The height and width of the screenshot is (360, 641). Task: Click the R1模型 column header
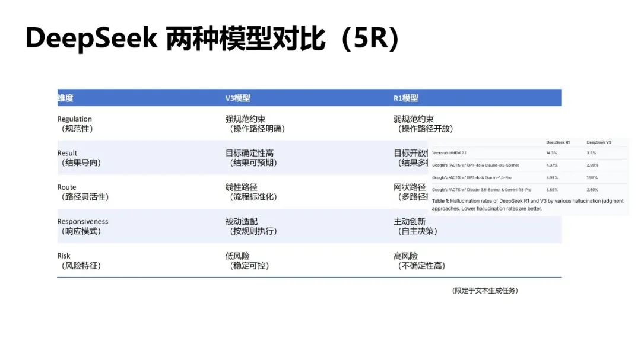click(x=406, y=98)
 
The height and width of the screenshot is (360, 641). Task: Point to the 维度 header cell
click(x=65, y=98)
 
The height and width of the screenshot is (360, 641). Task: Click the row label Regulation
click(x=75, y=119)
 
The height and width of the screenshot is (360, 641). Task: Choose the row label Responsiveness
click(x=82, y=222)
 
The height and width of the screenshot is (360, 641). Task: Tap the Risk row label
click(x=64, y=256)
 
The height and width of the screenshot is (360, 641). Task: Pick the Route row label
click(x=67, y=187)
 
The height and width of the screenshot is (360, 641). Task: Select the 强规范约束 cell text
click(x=246, y=119)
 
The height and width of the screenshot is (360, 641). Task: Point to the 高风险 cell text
click(x=406, y=256)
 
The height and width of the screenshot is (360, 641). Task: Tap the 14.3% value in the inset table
click(x=552, y=153)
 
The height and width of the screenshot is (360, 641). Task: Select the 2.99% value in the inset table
click(x=592, y=165)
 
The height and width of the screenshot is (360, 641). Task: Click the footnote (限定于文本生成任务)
click(x=484, y=291)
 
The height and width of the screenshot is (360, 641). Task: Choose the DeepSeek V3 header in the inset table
click(x=598, y=142)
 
